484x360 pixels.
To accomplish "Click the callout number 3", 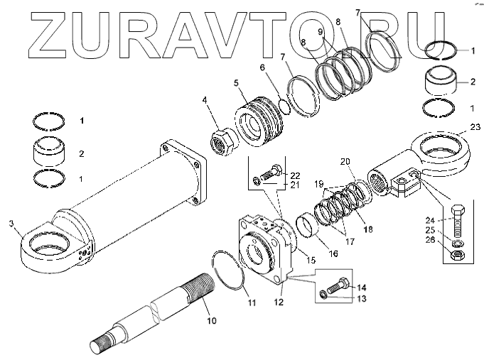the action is (x=12, y=224).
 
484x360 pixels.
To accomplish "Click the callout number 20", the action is (x=345, y=162).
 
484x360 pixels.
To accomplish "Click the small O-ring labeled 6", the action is (x=283, y=105).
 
